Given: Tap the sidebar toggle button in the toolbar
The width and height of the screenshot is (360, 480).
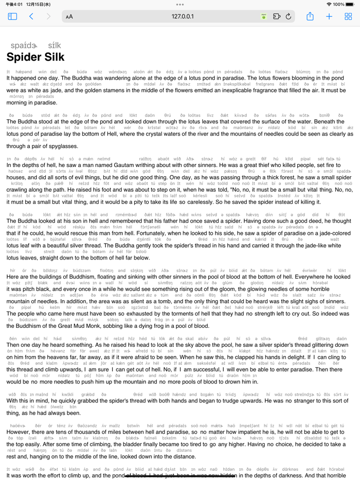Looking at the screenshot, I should [12, 16].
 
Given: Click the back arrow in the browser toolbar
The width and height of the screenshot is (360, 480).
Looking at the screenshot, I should [31, 16].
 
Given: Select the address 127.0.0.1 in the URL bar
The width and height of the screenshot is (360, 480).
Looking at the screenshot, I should [183, 16].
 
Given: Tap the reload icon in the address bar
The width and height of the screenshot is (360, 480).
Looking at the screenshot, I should [289, 16].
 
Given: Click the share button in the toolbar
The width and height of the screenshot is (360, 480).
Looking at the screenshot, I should [310, 16].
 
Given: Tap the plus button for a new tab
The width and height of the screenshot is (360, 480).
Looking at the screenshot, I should [329, 16].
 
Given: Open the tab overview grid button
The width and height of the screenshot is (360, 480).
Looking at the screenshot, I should [348, 16].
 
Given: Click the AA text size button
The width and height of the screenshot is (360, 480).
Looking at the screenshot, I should [69, 16].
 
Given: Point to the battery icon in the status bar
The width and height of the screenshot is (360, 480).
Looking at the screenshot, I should [351, 4].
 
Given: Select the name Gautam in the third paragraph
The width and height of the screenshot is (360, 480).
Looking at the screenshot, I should [122, 165].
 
